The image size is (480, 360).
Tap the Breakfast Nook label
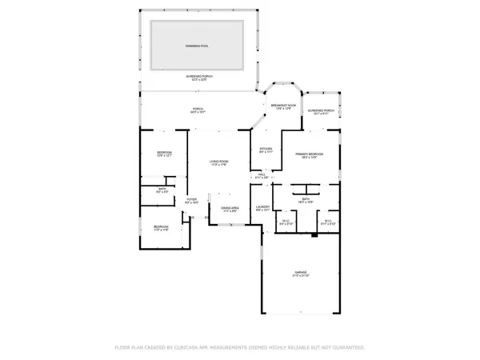[x=283, y=106]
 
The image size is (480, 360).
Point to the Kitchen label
[x=266, y=150]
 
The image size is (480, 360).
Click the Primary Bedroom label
[x=308, y=154]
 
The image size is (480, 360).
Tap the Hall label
[x=262, y=176]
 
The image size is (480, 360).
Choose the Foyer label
[x=191, y=200]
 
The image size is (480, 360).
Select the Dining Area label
[x=230, y=208]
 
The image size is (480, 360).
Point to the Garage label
[x=300, y=274]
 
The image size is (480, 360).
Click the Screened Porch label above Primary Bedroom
[x=320, y=112]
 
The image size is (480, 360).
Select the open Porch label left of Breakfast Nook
[x=197, y=110]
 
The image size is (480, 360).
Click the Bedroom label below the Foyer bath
[x=162, y=228]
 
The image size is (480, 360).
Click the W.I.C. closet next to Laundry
[x=286, y=223]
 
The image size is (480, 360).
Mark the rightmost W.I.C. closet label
[x=327, y=223]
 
